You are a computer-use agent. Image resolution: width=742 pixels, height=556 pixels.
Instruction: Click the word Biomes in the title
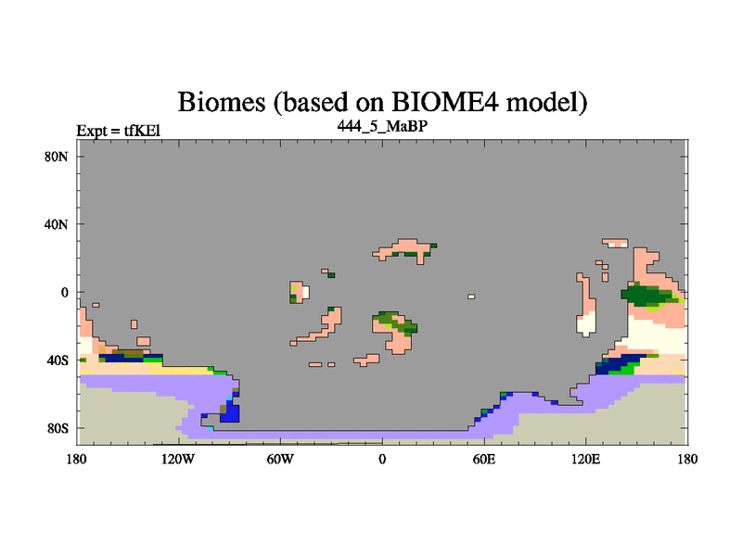[222, 102]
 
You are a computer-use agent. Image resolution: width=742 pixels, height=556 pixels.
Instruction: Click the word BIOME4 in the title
[445, 101]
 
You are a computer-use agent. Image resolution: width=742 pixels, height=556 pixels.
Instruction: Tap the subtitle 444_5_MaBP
[382, 126]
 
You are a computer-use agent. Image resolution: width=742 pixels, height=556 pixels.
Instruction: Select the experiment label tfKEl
[143, 131]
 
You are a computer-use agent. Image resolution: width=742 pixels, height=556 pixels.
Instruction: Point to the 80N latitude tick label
[57, 157]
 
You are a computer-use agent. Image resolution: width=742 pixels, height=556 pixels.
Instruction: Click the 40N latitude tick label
[57, 224]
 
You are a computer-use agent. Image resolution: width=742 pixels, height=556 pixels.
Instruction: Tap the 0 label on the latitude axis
[64, 293]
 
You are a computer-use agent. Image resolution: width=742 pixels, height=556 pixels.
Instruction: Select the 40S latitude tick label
[58, 360]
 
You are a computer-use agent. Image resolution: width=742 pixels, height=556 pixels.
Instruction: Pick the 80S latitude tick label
[58, 429]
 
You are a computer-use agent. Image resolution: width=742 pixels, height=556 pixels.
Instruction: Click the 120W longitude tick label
[178, 459]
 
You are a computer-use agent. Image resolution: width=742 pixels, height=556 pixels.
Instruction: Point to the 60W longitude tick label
[280, 459]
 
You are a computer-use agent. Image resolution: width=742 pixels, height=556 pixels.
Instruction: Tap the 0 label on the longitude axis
[382, 459]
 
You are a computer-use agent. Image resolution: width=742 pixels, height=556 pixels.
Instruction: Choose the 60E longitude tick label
[484, 459]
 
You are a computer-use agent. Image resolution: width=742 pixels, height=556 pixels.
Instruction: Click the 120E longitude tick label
[586, 459]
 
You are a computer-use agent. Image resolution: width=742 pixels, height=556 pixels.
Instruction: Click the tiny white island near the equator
[471, 297]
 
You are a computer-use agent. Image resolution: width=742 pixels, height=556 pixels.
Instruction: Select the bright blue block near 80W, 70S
[232, 412]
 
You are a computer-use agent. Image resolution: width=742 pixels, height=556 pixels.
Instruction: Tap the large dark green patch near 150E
[645, 295]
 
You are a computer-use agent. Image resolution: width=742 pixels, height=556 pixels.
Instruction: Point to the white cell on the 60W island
[306, 292]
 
